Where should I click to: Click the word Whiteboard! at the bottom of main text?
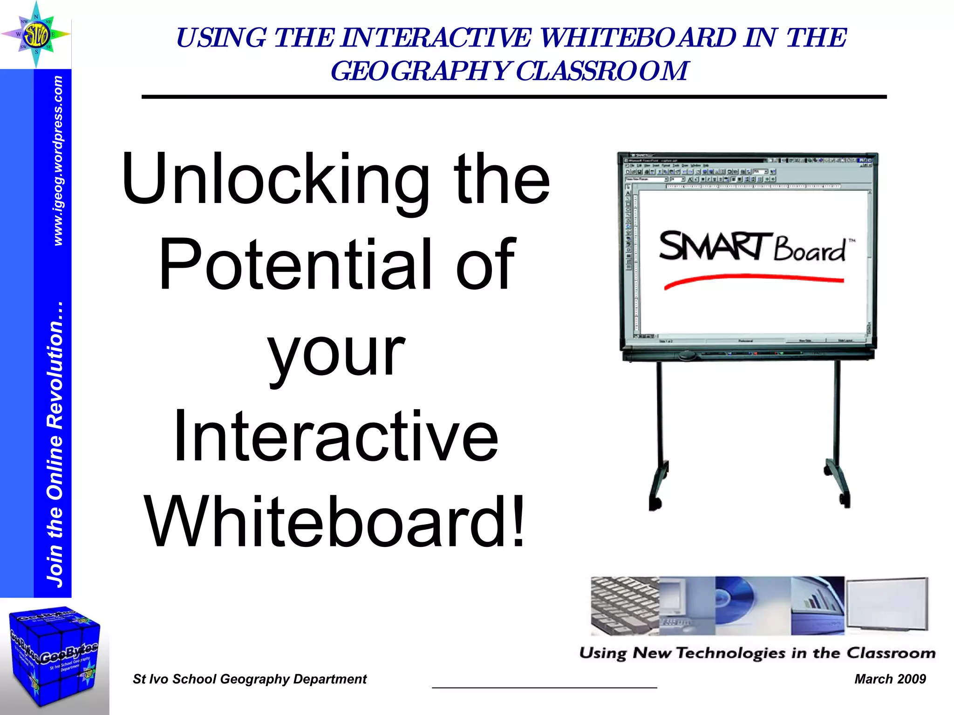point(335,522)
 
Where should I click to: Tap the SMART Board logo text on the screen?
point(752,247)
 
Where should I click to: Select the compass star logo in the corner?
point(36,34)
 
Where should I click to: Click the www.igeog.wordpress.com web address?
point(58,161)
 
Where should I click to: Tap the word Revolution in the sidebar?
point(55,365)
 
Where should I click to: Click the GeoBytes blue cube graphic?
point(54,656)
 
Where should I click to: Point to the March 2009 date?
point(890,679)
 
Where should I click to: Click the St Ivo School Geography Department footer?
point(250,679)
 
